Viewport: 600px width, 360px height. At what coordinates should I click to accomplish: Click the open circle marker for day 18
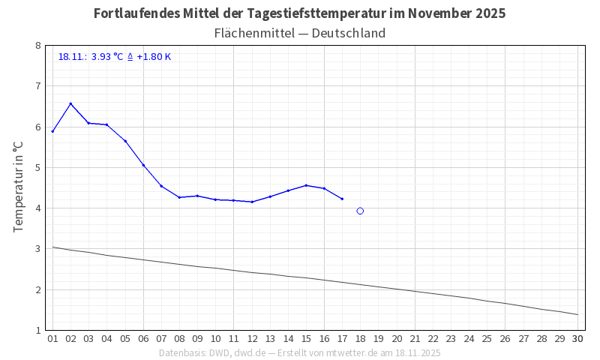(360, 211)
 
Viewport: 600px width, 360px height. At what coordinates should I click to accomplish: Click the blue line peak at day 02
(70, 103)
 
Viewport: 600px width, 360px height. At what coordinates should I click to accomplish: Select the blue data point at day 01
(52, 131)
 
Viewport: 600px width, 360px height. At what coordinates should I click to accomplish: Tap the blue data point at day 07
(161, 186)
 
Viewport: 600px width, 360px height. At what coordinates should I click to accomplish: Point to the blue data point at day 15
(306, 185)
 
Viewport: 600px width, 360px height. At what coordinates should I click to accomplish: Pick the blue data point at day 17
(342, 199)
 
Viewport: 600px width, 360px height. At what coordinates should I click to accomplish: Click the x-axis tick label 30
(577, 339)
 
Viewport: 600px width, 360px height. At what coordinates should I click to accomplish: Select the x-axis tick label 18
(360, 339)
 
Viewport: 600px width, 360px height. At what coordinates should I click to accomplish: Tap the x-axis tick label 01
(52, 339)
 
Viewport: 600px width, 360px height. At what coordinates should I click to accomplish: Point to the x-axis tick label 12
(251, 339)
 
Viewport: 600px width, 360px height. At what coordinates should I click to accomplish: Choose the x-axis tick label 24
(469, 339)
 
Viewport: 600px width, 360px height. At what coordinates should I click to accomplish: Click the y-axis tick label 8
(37, 46)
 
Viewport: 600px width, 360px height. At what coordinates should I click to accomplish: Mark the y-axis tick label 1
(37, 330)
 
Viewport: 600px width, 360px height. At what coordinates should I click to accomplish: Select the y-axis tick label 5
(37, 167)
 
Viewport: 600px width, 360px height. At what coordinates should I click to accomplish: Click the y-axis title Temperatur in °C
(19, 187)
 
